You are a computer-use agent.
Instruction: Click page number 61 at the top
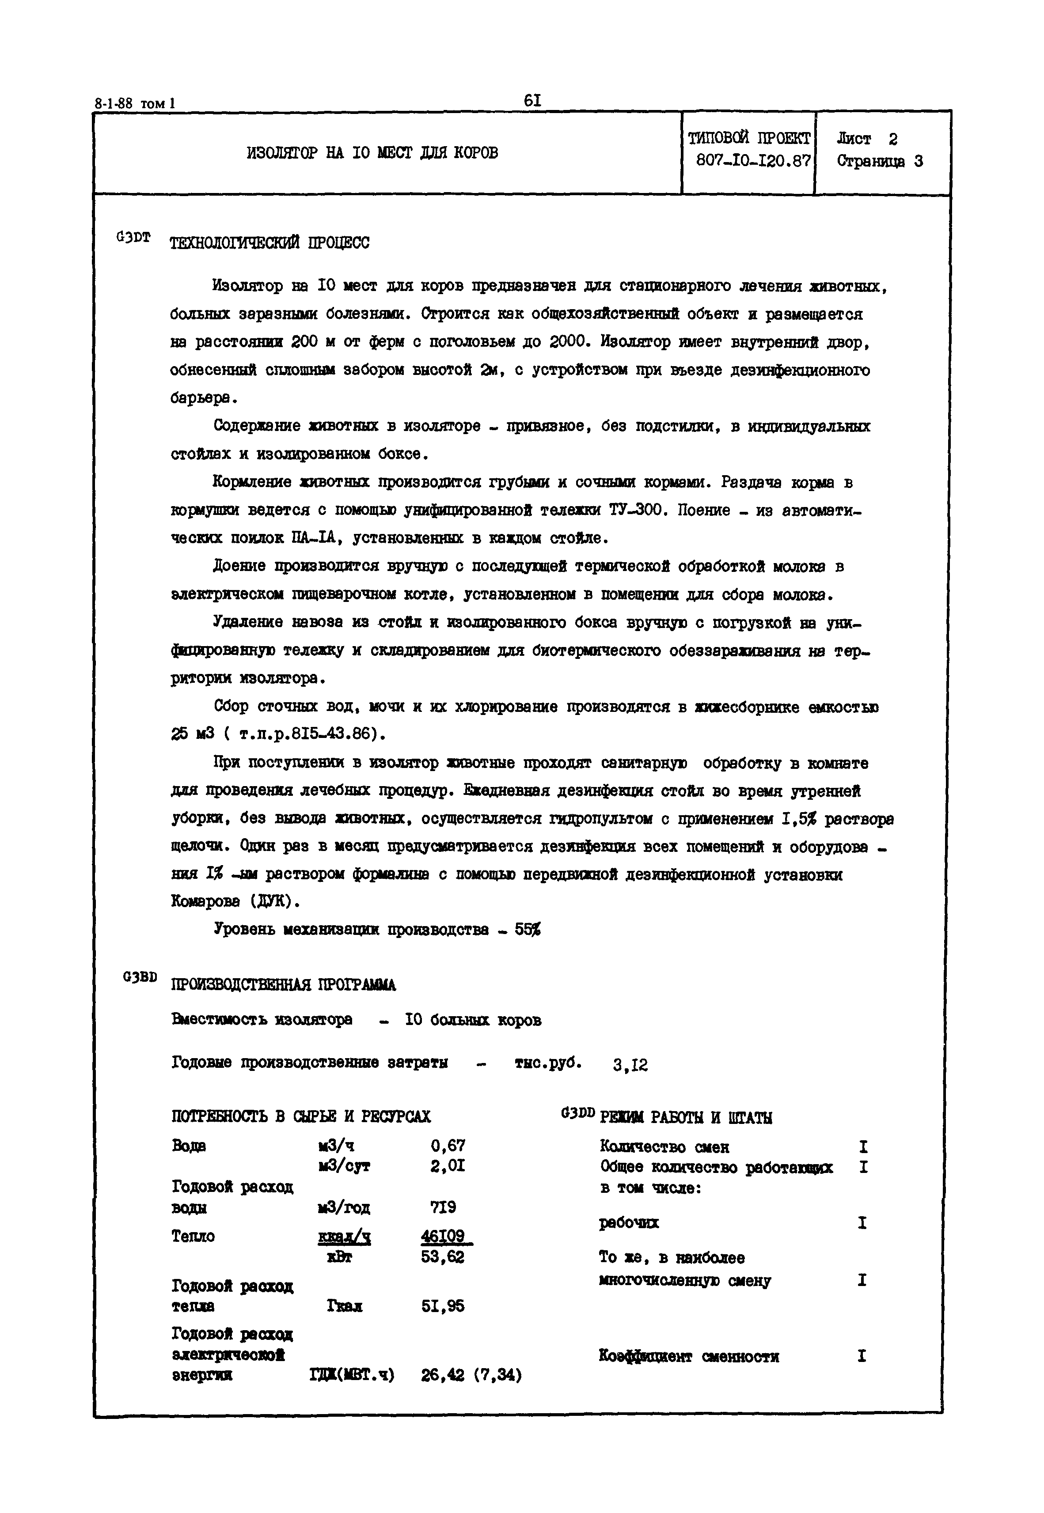click(x=532, y=100)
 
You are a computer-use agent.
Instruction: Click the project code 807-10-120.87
click(x=754, y=161)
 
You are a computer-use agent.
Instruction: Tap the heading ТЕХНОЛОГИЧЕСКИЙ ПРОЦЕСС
click(x=270, y=243)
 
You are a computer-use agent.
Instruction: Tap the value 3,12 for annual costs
click(x=630, y=1066)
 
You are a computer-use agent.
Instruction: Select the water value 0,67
click(x=448, y=1146)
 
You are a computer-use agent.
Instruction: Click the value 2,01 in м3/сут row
click(x=448, y=1166)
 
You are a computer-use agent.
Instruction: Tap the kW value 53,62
click(x=443, y=1257)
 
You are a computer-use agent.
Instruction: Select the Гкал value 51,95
click(x=443, y=1306)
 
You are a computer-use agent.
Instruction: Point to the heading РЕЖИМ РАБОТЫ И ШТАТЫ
click(x=686, y=1117)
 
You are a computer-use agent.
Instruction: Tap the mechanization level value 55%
click(x=527, y=929)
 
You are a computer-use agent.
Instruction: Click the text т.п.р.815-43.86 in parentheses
click(x=308, y=734)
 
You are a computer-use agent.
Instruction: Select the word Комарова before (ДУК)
click(x=205, y=902)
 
